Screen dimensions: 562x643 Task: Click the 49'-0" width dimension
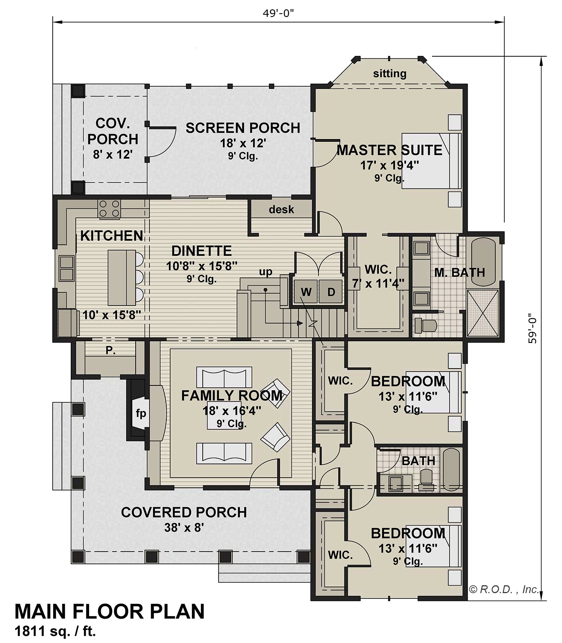click(278, 13)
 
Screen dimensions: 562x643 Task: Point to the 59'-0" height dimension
click(532, 329)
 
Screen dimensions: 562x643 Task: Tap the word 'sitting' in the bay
click(390, 73)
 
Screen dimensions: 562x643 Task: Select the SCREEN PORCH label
click(243, 128)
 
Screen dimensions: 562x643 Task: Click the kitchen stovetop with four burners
click(109, 209)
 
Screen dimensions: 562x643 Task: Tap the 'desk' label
click(281, 210)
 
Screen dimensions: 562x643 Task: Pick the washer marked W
click(306, 291)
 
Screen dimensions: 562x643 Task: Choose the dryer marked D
click(330, 291)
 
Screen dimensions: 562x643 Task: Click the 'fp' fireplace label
click(141, 414)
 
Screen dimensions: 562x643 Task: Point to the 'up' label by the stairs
click(266, 271)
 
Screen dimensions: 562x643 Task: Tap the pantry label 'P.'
click(110, 350)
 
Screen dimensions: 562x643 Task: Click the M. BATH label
click(459, 272)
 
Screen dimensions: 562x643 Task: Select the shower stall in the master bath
click(483, 313)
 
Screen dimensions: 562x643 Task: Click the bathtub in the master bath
click(483, 260)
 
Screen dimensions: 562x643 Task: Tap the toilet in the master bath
click(427, 325)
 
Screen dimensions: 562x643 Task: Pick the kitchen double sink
click(66, 268)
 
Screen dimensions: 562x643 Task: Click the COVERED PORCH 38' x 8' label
click(184, 519)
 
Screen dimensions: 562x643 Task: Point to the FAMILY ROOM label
click(232, 396)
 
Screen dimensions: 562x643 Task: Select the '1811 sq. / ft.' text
click(55, 632)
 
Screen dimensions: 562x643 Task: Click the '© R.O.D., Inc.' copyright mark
click(504, 590)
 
